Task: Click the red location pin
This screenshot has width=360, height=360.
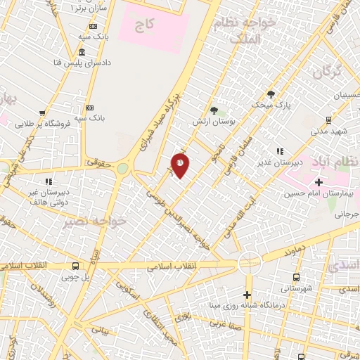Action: coord(180,165)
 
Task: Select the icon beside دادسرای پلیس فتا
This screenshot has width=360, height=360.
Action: coord(82,53)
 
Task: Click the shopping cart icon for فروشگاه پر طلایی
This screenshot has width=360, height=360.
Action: coord(43,112)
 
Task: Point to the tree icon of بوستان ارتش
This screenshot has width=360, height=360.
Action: coord(214,110)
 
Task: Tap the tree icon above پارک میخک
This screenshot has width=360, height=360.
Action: coord(271,94)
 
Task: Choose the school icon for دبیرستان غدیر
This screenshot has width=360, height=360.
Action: coord(280,150)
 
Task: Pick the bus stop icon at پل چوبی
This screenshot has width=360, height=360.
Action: coord(75,266)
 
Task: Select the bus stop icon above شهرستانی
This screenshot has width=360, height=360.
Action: coord(296,277)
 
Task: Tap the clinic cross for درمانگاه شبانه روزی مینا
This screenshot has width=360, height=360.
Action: coord(247,295)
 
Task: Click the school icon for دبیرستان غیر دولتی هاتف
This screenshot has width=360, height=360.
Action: coord(48,181)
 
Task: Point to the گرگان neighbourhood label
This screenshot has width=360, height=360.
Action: coord(327,72)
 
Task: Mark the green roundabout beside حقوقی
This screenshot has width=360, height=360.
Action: coord(123,169)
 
